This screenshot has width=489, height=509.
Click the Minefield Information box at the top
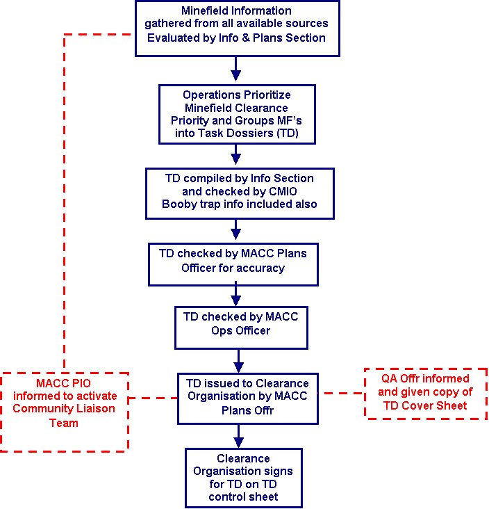[236, 29]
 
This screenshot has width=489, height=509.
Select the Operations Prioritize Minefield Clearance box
[237, 114]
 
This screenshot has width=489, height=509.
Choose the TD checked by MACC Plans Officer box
[233, 264]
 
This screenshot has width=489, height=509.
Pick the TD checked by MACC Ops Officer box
[240, 327]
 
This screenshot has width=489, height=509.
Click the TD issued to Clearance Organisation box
[247, 396]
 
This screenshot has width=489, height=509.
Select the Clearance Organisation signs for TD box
[244, 477]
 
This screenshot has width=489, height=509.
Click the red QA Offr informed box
[426, 394]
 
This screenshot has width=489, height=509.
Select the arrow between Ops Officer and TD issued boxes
[239, 360]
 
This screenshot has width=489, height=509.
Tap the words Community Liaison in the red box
[64, 408]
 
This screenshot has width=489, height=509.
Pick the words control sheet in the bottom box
[244, 496]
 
